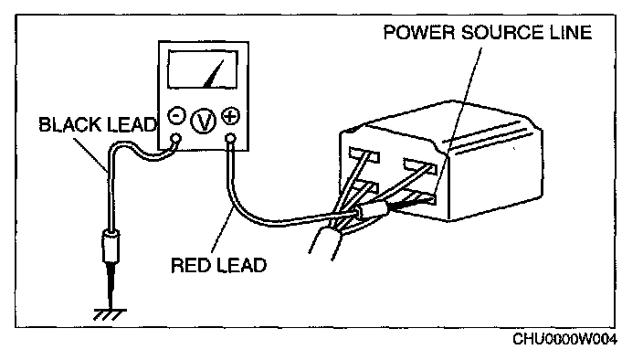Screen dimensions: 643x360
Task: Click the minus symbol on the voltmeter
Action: click(177, 116)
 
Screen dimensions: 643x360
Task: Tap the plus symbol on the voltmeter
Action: click(230, 116)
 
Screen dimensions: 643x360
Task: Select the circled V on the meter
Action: click(204, 121)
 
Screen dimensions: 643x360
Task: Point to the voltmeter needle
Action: click(214, 74)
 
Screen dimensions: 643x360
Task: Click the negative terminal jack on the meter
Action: click(175, 138)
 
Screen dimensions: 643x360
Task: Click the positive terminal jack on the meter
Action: click(231, 139)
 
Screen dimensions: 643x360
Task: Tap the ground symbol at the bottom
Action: click(110, 314)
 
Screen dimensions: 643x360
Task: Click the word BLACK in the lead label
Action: click(70, 124)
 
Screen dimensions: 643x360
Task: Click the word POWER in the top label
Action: click(419, 32)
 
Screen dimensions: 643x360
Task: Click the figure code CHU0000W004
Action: click(565, 340)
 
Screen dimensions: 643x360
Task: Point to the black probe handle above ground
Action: click(111, 247)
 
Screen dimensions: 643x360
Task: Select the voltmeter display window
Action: click(203, 69)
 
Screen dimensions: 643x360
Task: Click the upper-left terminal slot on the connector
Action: click(364, 155)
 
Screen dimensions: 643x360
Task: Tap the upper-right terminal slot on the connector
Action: click(420, 165)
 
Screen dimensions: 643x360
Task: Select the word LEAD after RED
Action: click(241, 265)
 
